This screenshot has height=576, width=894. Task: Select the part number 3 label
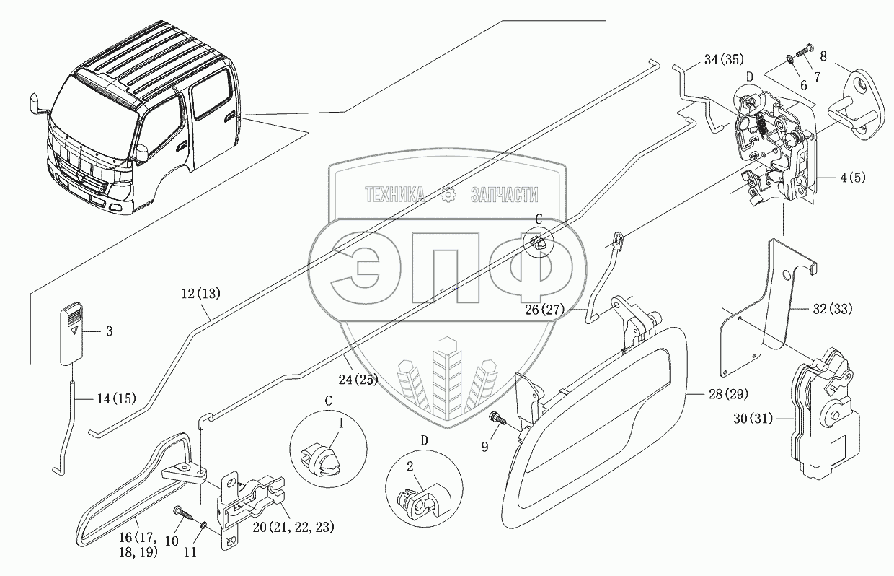point(109,331)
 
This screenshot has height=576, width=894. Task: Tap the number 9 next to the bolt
point(484,448)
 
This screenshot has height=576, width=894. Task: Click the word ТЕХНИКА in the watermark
point(394,194)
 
